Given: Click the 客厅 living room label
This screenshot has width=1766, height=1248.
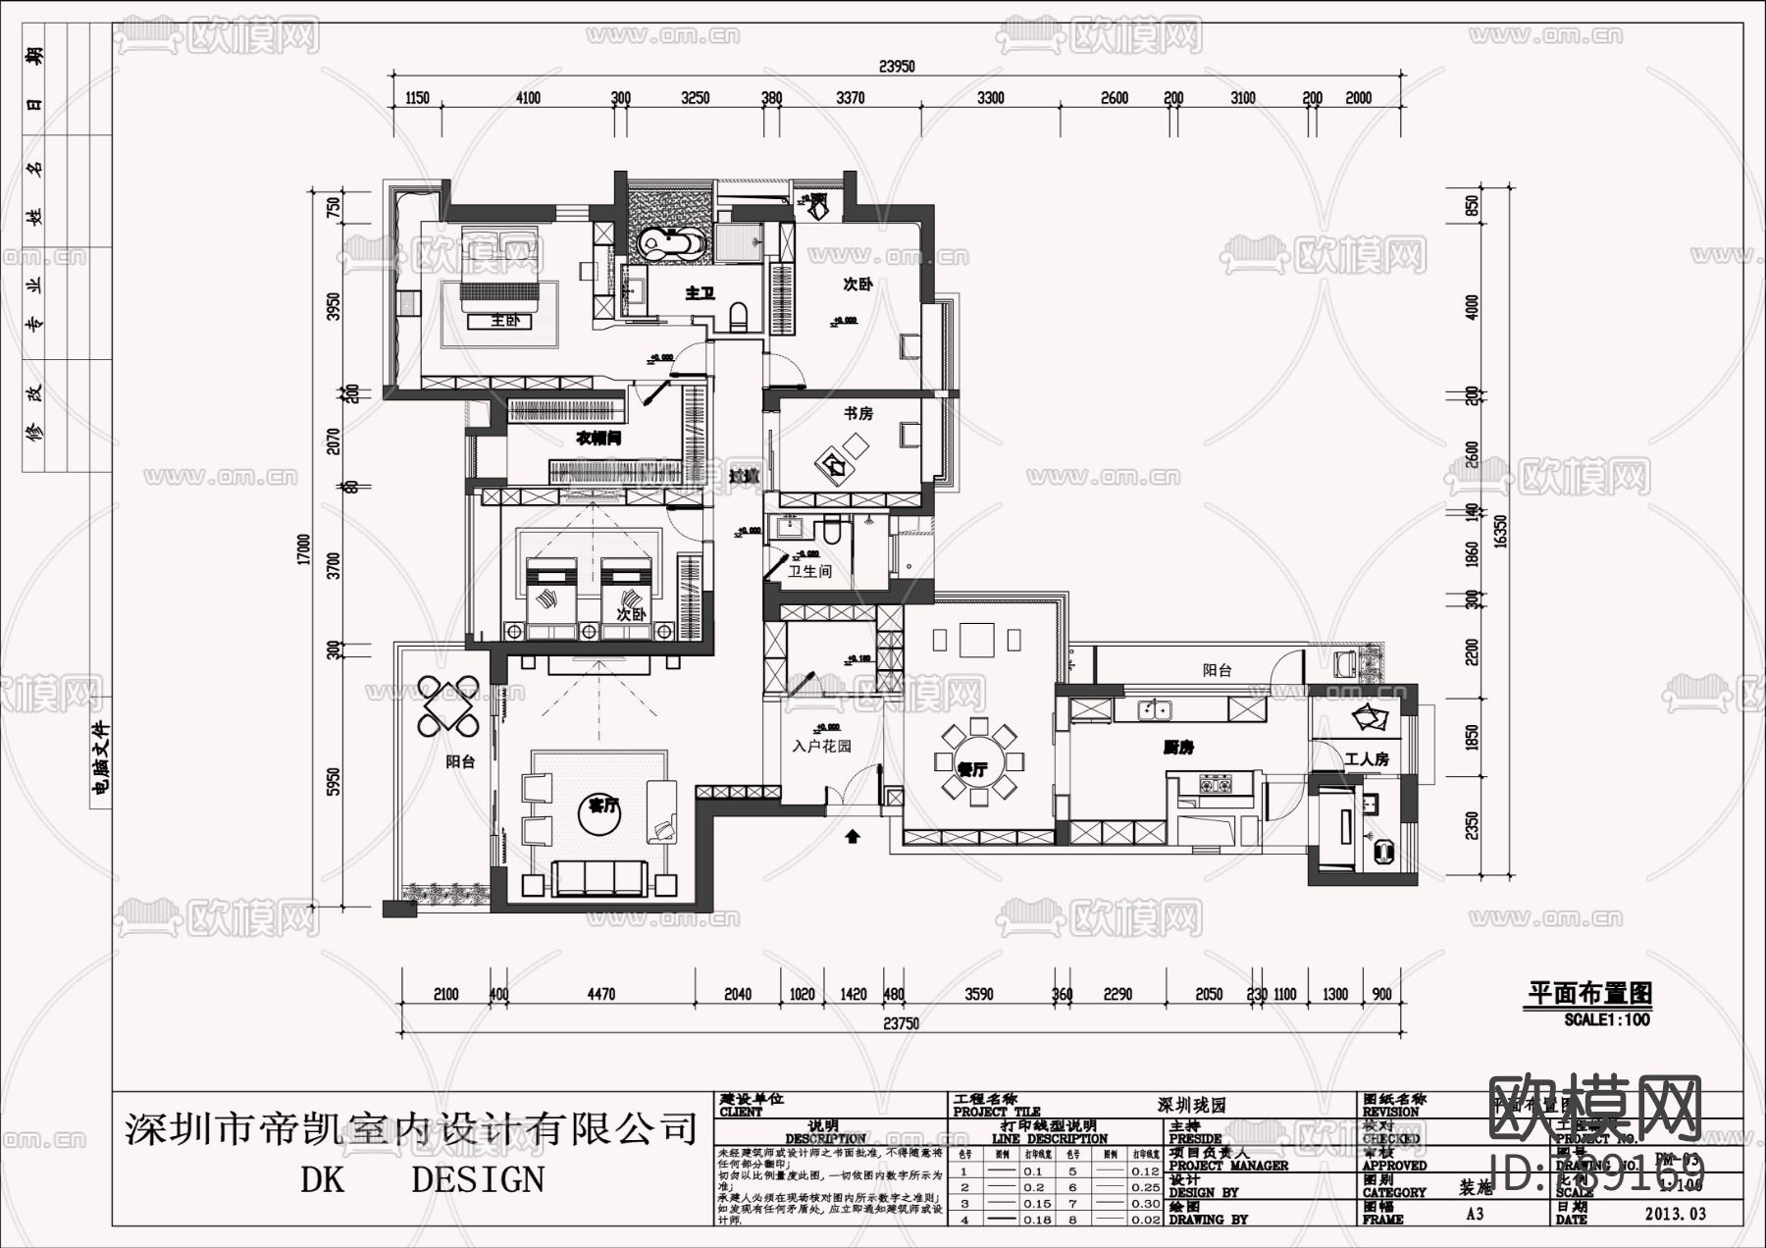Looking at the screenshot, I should pos(602,806).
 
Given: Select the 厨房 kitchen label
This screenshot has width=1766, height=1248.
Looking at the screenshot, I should pos(1177,748).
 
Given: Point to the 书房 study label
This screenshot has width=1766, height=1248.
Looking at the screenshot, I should pos(857,414).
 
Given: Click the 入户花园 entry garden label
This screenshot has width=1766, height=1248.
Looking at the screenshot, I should pos(822,747).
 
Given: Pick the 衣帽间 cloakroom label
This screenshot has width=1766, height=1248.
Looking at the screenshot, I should pos(597,439).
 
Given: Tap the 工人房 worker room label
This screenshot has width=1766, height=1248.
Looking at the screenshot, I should pos(1367,759).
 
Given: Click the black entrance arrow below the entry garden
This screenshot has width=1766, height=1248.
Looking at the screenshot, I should pos(853,836).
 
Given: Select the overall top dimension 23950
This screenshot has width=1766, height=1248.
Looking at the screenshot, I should pos(897,67).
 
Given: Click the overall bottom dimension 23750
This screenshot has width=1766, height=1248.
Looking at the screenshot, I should pos(901,1023).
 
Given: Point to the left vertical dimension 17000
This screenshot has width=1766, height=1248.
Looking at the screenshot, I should pos(304,549).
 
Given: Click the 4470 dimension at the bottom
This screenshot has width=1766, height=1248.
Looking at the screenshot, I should pos(600,995).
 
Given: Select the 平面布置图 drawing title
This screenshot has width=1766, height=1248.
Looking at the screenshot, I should pos(1589,993).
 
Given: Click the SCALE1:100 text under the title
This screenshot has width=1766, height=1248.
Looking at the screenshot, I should pos(1606,1019).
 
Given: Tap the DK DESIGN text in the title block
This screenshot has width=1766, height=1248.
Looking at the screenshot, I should pos(422,1179).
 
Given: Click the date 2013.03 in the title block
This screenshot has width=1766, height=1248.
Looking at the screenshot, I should pos(1675,1214).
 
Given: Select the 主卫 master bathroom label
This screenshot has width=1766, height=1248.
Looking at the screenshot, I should pos(700,292).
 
